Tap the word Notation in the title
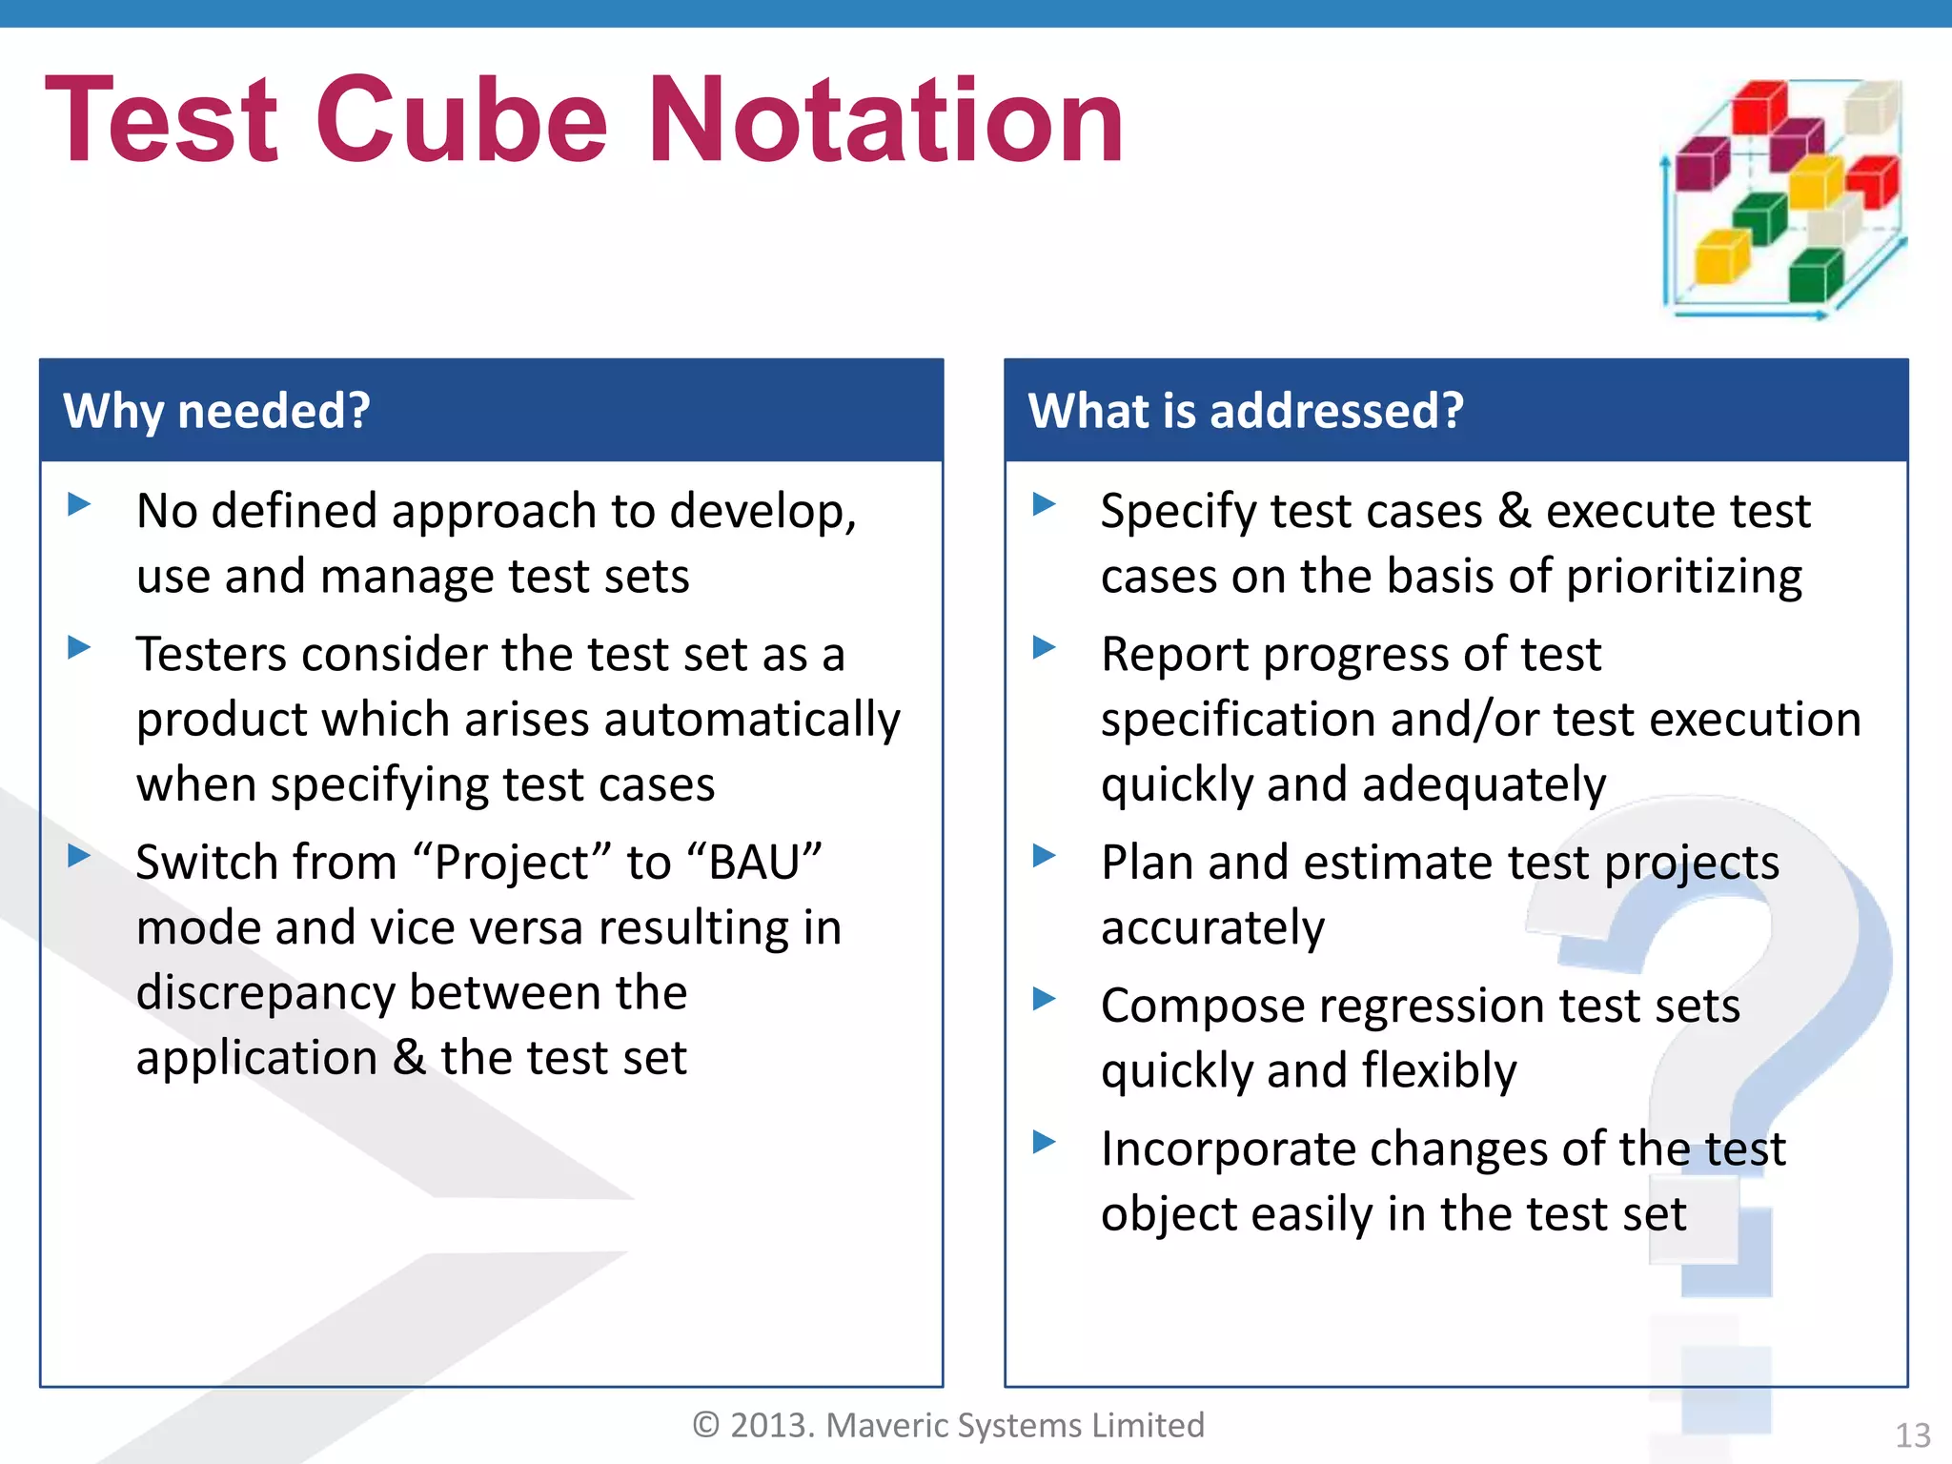click(x=885, y=121)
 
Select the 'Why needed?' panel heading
click(x=216, y=411)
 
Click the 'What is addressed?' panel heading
click(x=1245, y=411)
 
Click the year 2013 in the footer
click(x=771, y=1425)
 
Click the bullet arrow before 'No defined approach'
click(x=80, y=503)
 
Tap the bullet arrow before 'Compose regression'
click(x=1045, y=998)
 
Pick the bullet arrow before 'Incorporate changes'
click(x=1045, y=1141)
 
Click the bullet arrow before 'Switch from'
click(x=80, y=855)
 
